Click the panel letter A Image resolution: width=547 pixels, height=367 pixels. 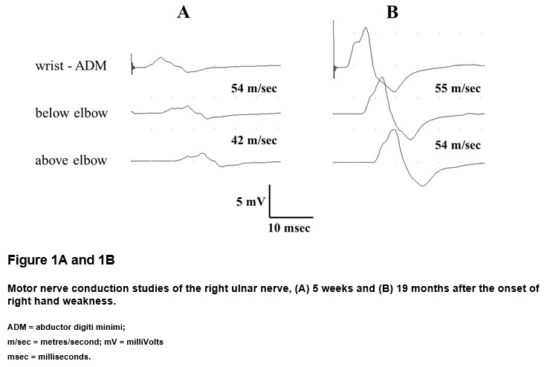coord(184,13)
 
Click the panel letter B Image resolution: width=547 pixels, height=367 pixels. coord(392,13)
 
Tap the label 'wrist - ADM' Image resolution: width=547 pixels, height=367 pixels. coord(71,65)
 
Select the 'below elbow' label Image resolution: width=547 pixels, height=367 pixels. coord(71,113)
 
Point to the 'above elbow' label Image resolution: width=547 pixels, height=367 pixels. coord(71,160)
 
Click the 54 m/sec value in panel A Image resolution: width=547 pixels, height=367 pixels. coord(254,88)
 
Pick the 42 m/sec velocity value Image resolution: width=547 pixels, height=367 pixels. coord(254,140)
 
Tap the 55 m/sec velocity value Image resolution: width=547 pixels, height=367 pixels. coord(458,88)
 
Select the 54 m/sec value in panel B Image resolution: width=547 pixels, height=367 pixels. coord(458,145)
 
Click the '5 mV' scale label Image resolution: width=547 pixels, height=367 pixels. coord(250,201)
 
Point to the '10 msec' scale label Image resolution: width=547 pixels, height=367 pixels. coord(289,228)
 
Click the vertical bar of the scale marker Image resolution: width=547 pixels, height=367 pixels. coord(270,201)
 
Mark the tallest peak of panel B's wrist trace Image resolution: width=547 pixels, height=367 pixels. coord(365,28)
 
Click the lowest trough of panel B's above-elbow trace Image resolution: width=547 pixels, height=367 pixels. coord(423,186)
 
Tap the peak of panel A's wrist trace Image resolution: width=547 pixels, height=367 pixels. coord(160,57)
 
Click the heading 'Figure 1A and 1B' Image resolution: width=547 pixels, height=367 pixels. coord(61,260)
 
